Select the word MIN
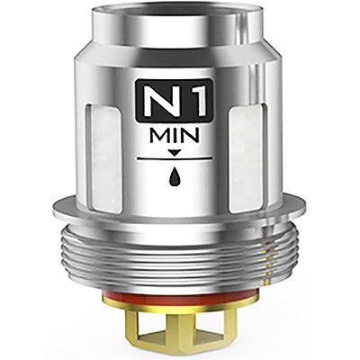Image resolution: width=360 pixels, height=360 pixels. point(175,136)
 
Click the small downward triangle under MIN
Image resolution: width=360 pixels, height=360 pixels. point(175,153)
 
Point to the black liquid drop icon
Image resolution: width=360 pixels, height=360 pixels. point(175,176)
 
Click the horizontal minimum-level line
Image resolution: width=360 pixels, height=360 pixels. point(175,157)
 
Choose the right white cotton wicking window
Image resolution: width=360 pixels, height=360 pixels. point(246,157)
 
